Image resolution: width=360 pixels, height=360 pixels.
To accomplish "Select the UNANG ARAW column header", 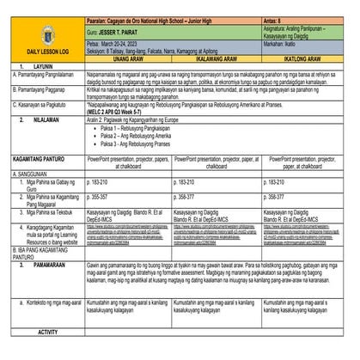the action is coord(129,61).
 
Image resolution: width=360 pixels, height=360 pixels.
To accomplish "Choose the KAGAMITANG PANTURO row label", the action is coord(40,160).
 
